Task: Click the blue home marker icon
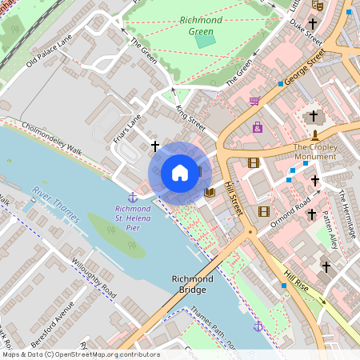click(180, 173)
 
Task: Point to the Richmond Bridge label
click(192, 284)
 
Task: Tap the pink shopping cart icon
click(254, 101)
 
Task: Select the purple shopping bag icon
click(258, 126)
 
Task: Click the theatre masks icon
click(318, 5)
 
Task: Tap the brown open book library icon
click(210, 192)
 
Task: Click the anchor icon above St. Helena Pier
click(131, 197)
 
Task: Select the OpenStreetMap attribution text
click(81, 354)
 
